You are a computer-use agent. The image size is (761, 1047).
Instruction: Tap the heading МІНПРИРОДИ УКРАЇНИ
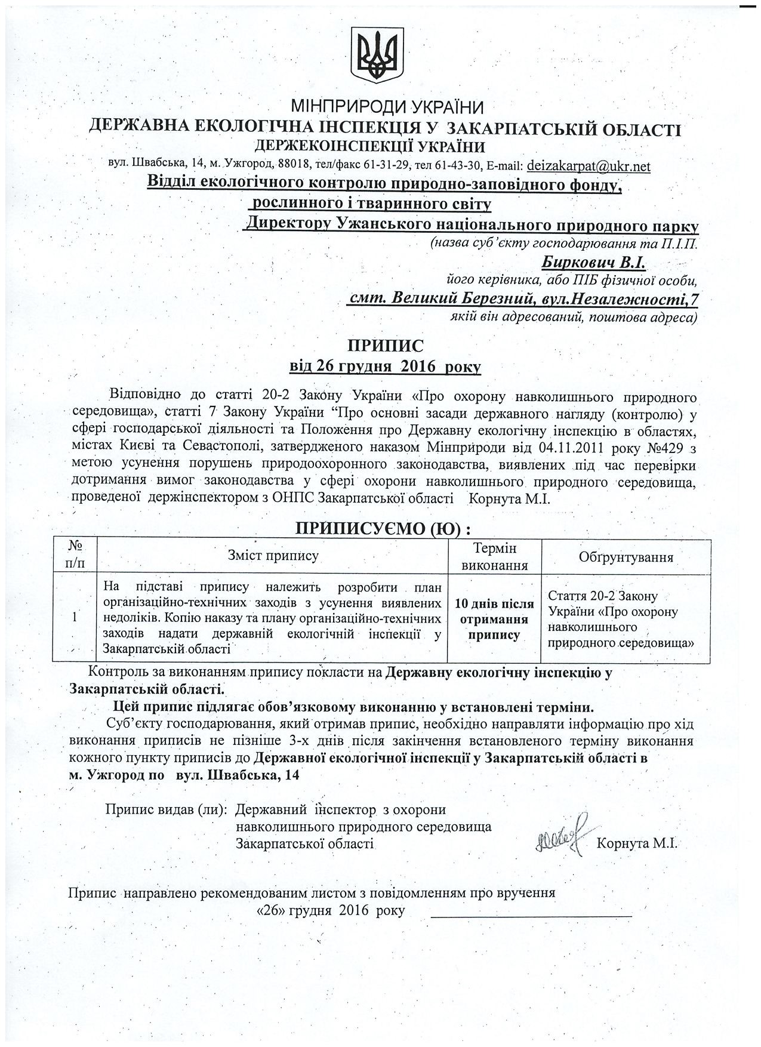(386, 107)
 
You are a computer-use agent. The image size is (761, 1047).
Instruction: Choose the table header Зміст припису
(273, 556)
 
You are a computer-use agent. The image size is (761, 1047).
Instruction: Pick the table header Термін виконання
(494, 556)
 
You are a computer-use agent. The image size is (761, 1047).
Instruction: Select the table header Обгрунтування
(626, 557)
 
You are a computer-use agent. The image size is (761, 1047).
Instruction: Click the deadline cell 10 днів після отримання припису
(494, 620)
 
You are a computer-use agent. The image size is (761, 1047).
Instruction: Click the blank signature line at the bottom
(531, 916)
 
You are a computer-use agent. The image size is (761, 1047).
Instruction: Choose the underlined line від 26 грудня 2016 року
(385, 366)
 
